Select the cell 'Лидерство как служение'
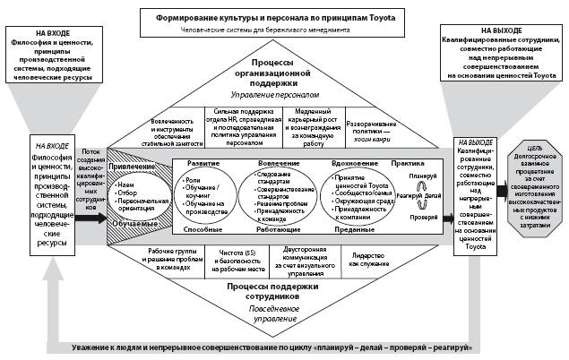(x=366, y=258)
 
